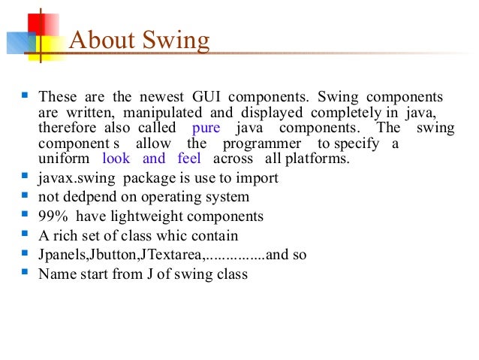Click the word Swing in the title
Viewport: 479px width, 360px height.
176,41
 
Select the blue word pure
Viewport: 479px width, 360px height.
207,128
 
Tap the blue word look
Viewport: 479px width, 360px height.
116,159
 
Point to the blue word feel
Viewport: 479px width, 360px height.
188,159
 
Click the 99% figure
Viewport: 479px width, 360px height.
53,217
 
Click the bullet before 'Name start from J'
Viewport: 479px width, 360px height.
26,272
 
